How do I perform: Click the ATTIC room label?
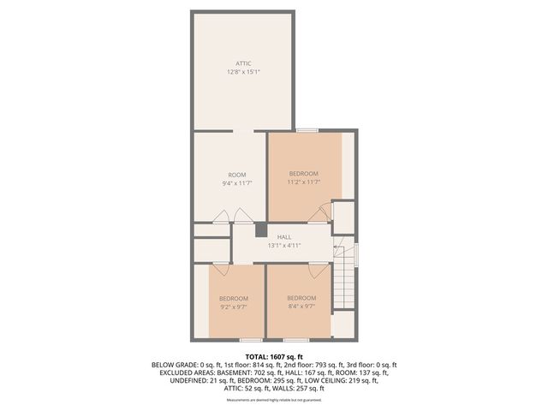(244, 63)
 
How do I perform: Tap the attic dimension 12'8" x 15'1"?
(244, 72)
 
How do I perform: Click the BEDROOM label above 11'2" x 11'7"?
(303, 173)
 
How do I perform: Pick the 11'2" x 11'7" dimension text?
(303, 182)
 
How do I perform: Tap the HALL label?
(284, 237)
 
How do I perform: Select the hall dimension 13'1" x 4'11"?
(284, 246)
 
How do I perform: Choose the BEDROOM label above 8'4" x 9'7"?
(301, 297)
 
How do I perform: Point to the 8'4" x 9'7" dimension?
(301, 306)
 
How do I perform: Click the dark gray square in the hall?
(261, 229)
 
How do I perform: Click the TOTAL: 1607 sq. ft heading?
(274, 356)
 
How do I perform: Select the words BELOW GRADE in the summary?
(174, 365)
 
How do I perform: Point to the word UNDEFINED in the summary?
(178, 380)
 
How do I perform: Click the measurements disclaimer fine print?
(274, 400)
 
